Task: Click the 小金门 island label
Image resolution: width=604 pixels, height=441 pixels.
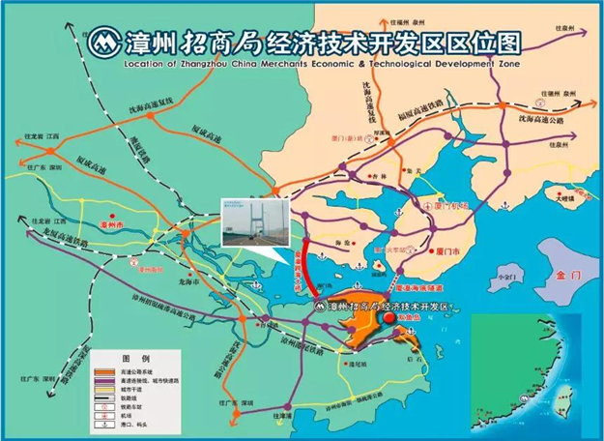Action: coord(503,275)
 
